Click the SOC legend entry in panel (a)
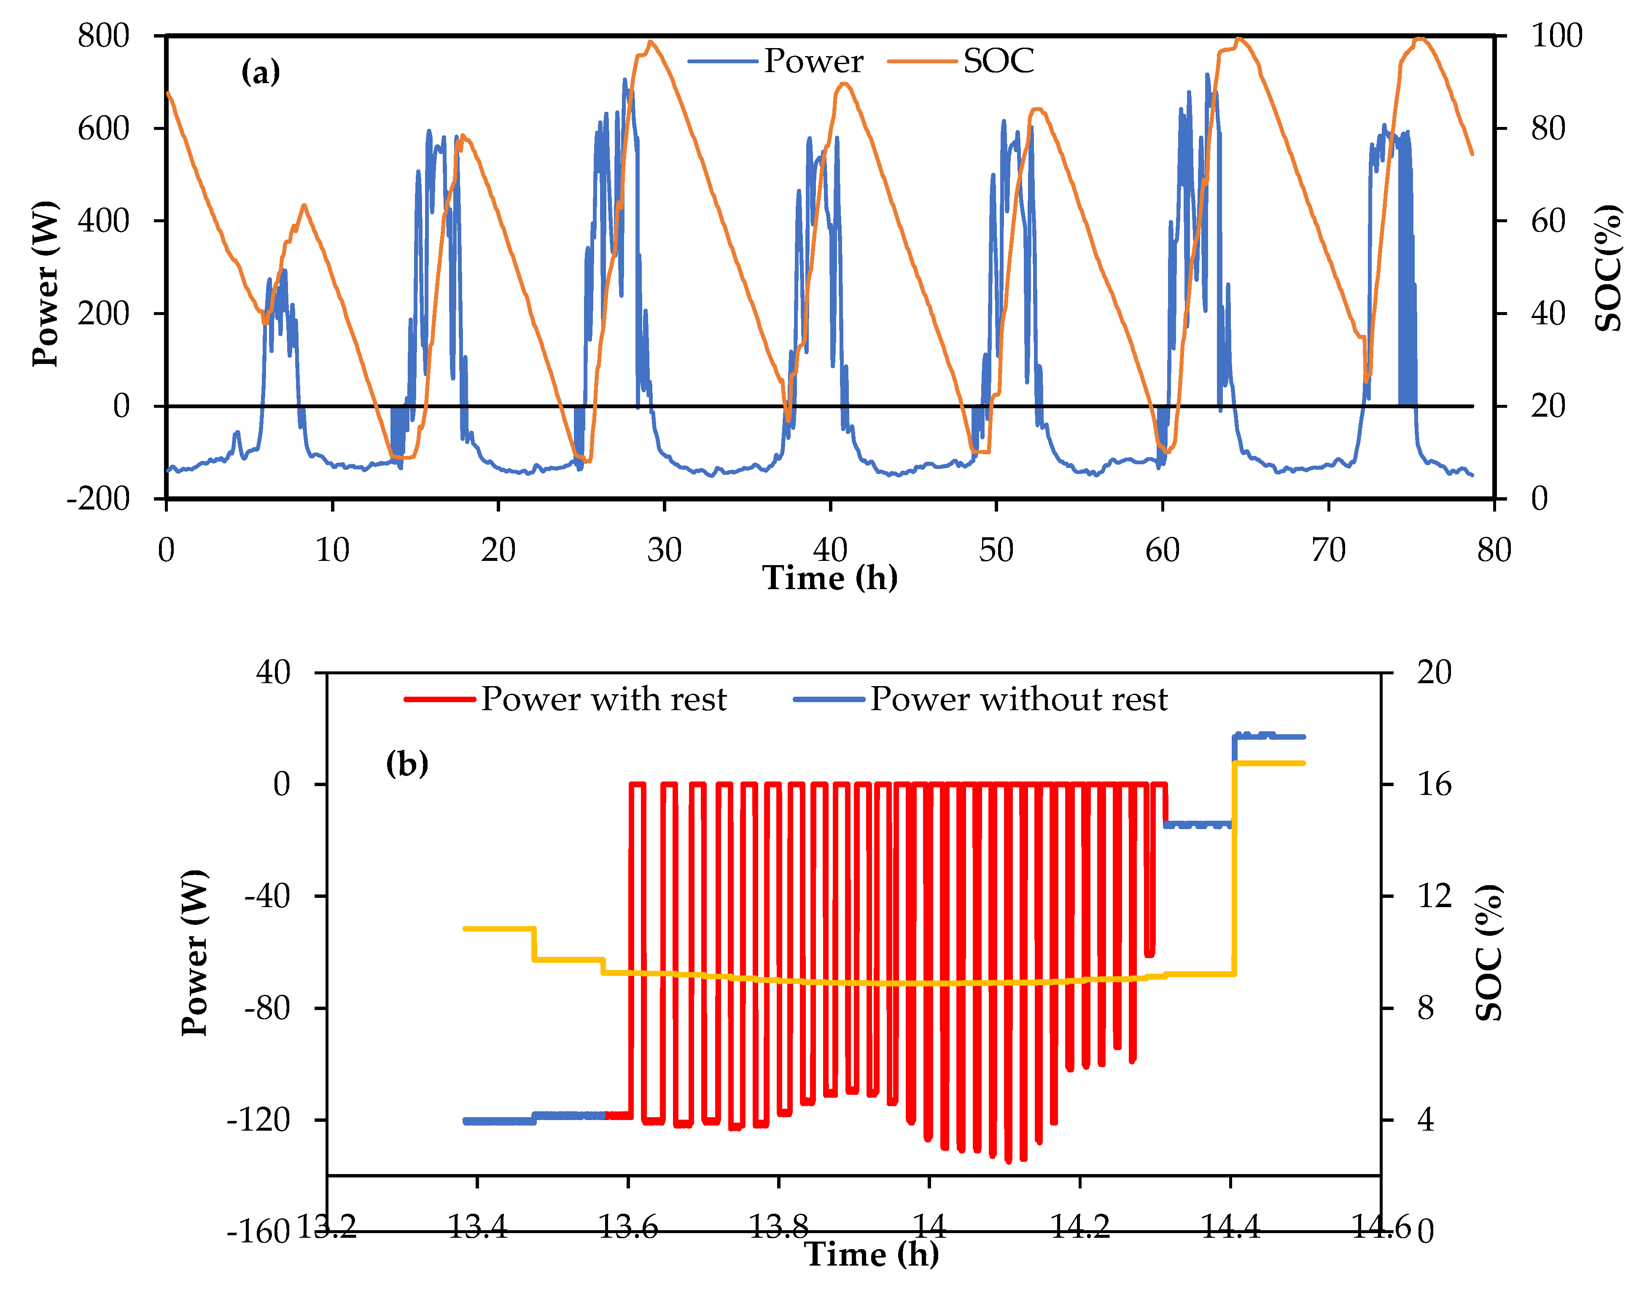[998, 61]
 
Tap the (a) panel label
[260, 73]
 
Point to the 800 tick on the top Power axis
[104, 35]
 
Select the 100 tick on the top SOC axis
[1556, 35]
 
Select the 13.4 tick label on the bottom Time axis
[477, 1226]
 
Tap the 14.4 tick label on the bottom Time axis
[1231, 1226]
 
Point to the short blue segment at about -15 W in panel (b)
[1198, 824]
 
